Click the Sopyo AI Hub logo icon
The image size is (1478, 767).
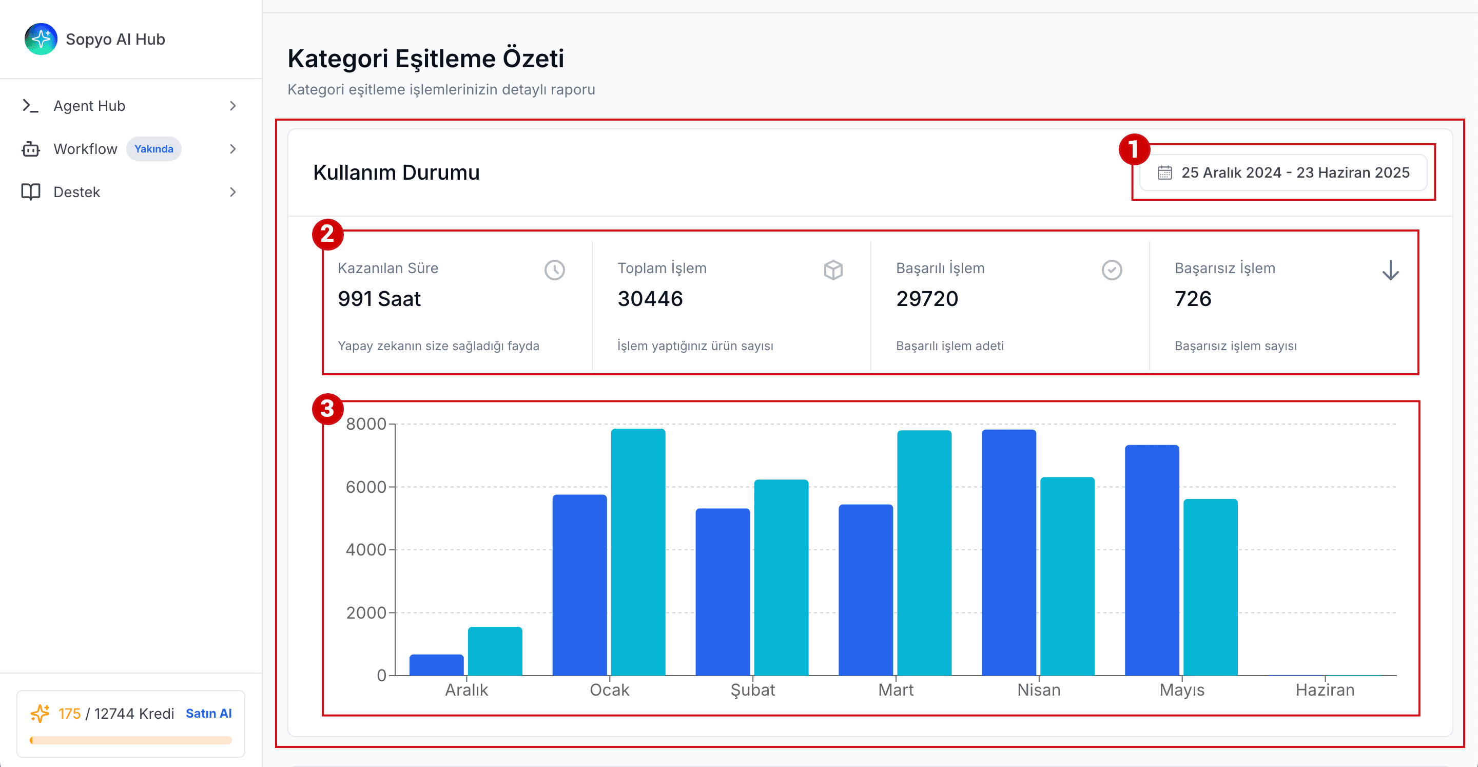coord(41,39)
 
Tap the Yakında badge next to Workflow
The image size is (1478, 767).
coord(154,149)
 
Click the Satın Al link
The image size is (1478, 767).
coord(209,713)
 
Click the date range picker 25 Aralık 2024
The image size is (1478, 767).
coord(1283,172)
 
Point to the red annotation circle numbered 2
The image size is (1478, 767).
coord(327,234)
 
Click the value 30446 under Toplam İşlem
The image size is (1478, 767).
coord(650,298)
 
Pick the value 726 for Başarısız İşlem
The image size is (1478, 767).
coord(1193,298)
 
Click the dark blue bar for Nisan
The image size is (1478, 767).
coord(1008,552)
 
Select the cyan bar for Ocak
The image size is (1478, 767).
coord(638,552)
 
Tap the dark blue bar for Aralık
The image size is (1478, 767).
coord(437,665)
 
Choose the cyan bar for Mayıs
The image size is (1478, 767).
coord(1211,587)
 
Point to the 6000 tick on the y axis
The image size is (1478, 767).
coord(366,487)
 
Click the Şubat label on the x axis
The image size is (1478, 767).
coord(753,689)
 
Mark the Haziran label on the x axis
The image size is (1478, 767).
coord(1325,689)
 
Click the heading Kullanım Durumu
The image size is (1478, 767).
coord(397,172)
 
